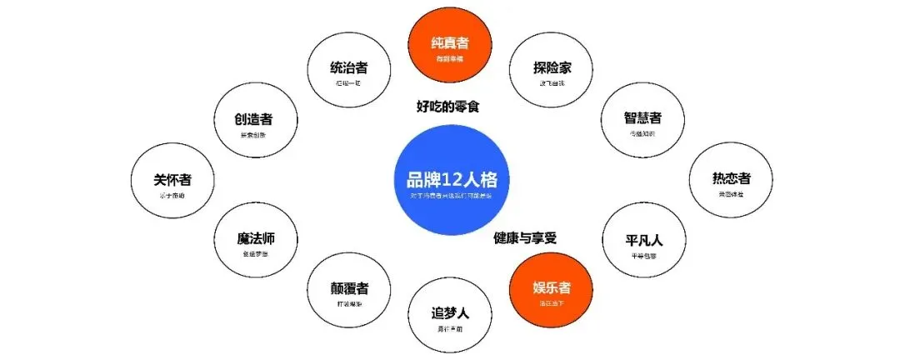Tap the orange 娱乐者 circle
pyautogui.click(x=552, y=292)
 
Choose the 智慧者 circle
pyautogui.click(x=642, y=122)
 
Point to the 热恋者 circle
pyautogui.click(x=731, y=182)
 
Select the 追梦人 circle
pyautogui.click(x=451, y=317)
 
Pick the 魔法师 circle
pyautogui.click(x=255, y=243)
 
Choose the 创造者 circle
pyautogui.click(x=255, y=122)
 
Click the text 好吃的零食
pyautogui.click(x=451, y=106)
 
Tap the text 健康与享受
pyautogui.click(x=524, y=237)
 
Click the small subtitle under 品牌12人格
pyautogui.click(x=451, y=196)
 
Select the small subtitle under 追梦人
pyautogui.click(x=451, y=329)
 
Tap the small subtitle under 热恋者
pyautogui.click(x=731, y=194)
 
